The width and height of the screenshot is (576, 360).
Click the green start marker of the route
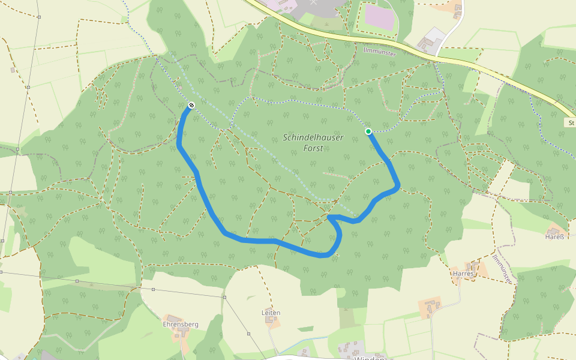pyautogui.click(x=368, y=131)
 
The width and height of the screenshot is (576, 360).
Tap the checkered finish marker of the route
pyautogui.click(x=191, y=106)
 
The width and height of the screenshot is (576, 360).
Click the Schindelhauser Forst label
pyautogui.click(x=313, y=143)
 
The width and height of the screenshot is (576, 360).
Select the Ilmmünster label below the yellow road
pyautogui.click(x=380, y=53)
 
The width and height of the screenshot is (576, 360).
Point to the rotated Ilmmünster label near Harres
pyautogui.click(x=502, y=268)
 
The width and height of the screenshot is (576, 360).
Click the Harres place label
pyautogui.click(x=463, y=274)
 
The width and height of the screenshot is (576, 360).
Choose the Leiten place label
pyautogui.click(x=271, y=313)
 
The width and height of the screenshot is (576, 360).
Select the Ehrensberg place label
pyautogui.click(x=181, y=324)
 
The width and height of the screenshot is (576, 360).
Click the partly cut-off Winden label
pyautogui.click(x=368, y=358)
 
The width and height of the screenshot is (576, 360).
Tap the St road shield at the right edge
pyautogui.click(x=571, y=122)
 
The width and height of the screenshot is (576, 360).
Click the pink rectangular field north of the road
pyautogui.click(x=379, y=17)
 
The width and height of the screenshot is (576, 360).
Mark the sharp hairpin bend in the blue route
pyautogui.click(x=329, y=217)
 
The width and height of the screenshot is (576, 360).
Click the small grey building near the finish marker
pyautogui.click(x=179, y=88)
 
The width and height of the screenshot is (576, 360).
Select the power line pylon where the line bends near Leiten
pyautogui.click(x=224, y=297)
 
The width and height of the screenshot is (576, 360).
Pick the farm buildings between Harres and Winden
pyautogui.click(x=431, y=307)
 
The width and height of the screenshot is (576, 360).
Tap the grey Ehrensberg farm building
pyautogui.click(x=175, y=318)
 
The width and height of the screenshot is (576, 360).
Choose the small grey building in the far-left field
pyautogui.click(x=12, y=70)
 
